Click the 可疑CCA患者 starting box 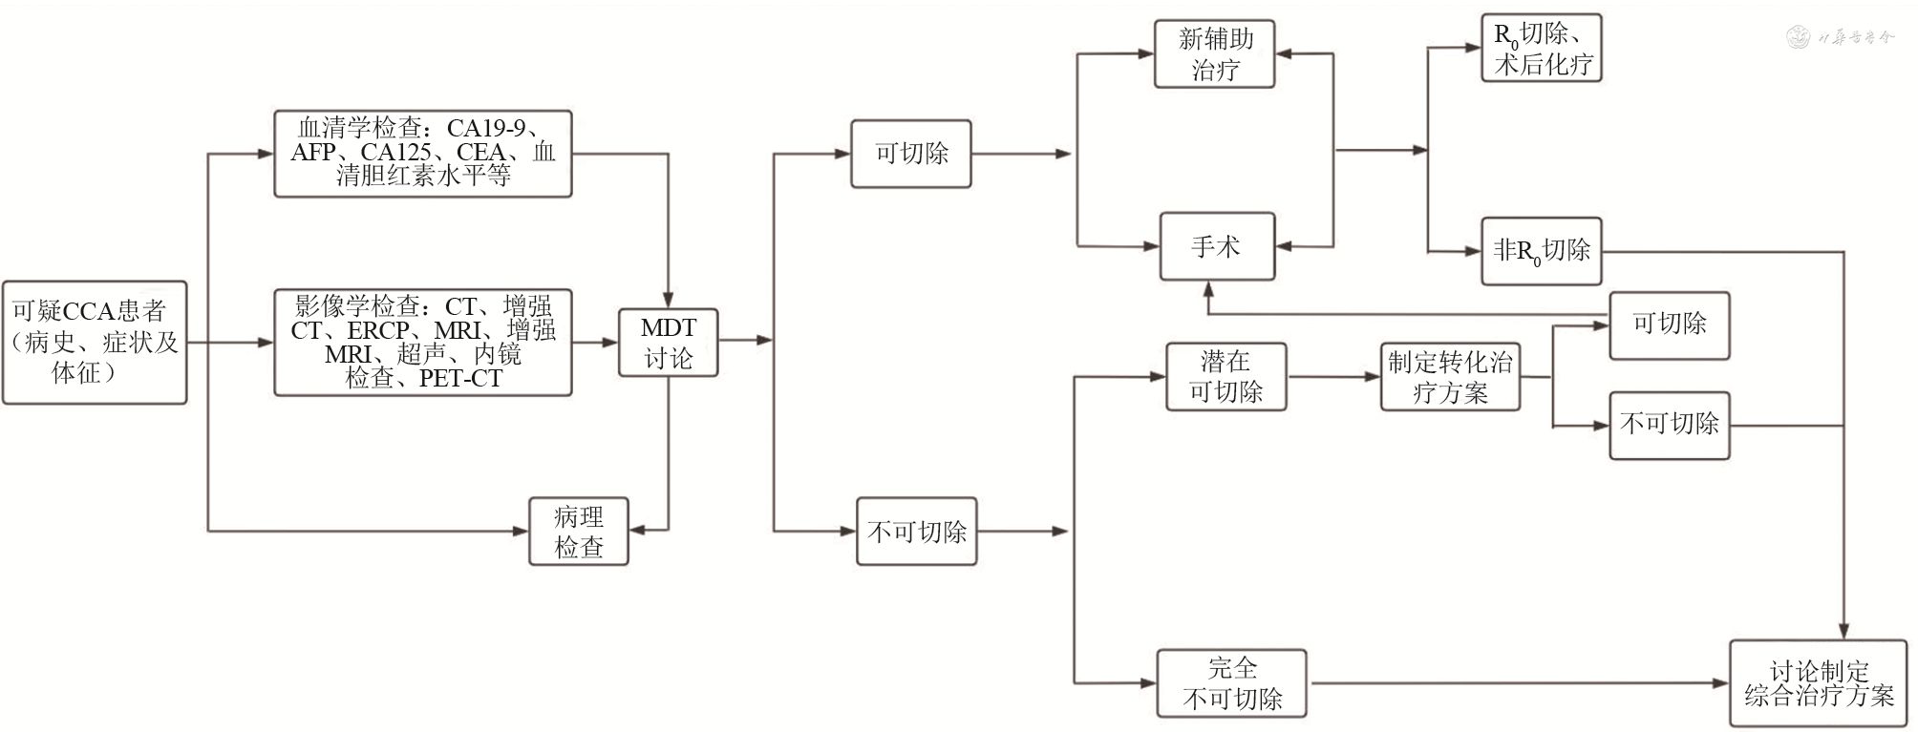(94, 342)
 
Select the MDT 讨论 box (668, 343)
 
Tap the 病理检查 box (579, 532)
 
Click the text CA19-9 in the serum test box (485, 128)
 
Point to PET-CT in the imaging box (459, 379)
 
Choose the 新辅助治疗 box (1214, 54)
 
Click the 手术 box (1216, 246)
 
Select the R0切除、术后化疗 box (1541, 48)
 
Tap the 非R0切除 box (1541, 251)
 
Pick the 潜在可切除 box (1225, 377)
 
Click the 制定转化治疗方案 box (1449, 377)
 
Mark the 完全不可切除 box (1231, 683)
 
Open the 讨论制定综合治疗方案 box (1818, 683)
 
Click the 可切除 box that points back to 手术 (1669, 325)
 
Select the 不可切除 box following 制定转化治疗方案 (1669, 425)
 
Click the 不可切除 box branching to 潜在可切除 (916, 532)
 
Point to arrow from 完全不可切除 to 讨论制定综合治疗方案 (1519, 683)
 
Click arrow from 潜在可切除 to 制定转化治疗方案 (1333, 377)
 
